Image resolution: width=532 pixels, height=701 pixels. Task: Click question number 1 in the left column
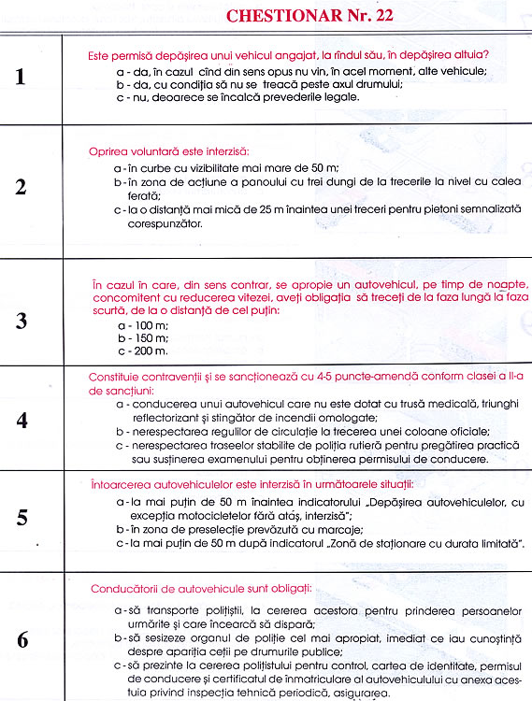coord(22,77)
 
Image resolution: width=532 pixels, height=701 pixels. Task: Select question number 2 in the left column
coord(22,185)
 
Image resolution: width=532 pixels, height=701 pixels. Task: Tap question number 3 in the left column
coord(22,321)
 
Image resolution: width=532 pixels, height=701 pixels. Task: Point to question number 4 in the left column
coord(22,420)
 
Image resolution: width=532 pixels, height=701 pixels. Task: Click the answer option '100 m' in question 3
coord(141,322)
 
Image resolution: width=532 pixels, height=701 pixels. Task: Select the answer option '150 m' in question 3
coord(141,336)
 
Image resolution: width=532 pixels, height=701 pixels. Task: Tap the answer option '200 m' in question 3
coord(141,350)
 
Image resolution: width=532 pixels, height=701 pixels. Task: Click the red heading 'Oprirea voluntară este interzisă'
coord(169,150)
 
